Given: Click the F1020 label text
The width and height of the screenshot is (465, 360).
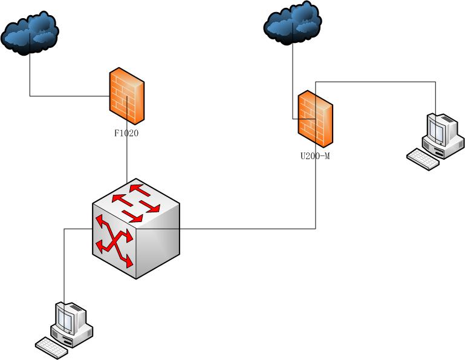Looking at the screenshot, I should click(x=126, y=133).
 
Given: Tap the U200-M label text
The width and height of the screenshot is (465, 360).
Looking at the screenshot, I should click(x=315, y=156).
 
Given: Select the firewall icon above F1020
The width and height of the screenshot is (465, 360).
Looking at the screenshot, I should click(x=127, y=96).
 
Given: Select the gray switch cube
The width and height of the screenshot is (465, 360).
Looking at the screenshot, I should click(x=136, y=229).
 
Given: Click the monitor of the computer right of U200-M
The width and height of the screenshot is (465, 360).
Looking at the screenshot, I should click(x=440, y=129).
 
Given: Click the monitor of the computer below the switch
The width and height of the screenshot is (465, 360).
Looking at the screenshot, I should click(x=70, y=317).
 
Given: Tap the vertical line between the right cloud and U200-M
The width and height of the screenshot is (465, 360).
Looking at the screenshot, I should click(x=293, y=79).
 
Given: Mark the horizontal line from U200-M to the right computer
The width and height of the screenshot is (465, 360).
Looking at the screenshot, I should click(x=375, y=81).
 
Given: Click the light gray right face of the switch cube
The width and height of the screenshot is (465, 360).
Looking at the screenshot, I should click(x=158, y=242).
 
